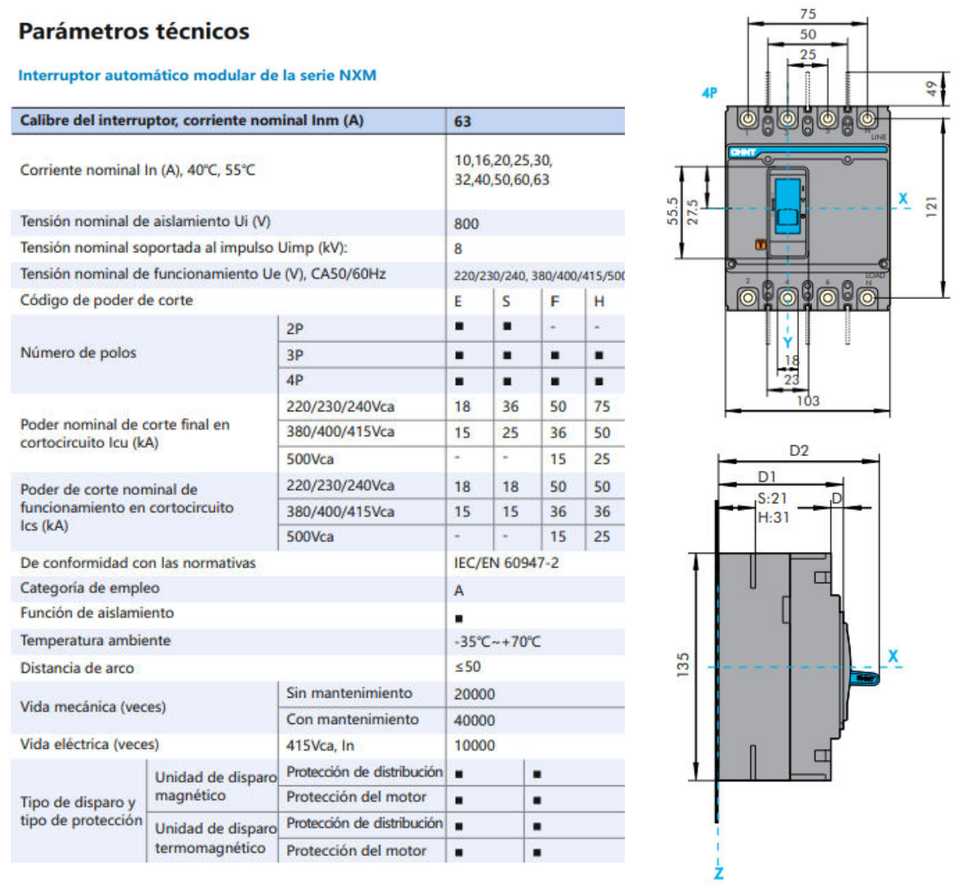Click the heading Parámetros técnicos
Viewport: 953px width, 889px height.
(x=134, y=31)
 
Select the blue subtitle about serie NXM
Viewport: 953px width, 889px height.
(x=197, y=75)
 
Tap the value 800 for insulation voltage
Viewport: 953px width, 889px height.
(x=466, y=223)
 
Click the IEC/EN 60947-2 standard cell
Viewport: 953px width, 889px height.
(x=505, y=562)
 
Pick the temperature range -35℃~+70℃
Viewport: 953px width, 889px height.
(x=497, y=642)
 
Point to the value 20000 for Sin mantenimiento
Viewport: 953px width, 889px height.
(x=474, y=694)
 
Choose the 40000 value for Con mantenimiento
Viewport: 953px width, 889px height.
(x=474, y=720)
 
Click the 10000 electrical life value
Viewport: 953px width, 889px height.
(x=474, y=746)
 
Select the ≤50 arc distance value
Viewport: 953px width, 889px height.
(x=467, y=666)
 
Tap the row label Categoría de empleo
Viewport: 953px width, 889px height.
(x=90, y=588)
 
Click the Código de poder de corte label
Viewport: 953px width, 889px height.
(x=106, y=300)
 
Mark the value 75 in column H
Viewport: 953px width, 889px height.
(x=602, y=407)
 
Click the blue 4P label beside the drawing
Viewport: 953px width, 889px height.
(x=709, y=93)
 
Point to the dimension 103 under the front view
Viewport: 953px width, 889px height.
(x=807, y=401)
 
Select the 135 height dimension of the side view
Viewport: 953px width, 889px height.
(x=683, y=665)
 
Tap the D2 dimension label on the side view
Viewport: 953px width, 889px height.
(x=799, y=450)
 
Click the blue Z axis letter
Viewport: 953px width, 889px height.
(x=718, y=873)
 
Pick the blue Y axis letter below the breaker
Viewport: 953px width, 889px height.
(x=787, y=343)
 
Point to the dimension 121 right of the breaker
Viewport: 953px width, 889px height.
(x=931, y=206)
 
